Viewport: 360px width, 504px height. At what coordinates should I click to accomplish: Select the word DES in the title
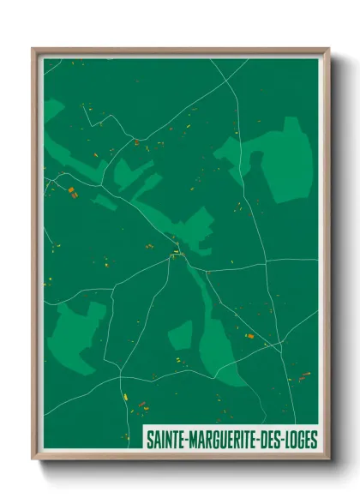point(269,441)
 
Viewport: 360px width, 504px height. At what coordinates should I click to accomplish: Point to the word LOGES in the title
point(301,441)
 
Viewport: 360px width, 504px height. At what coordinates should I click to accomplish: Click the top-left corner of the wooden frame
point(33,49)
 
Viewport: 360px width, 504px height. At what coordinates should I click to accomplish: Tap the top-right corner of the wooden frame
point(328,49)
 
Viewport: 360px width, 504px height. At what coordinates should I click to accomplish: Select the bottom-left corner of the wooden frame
point(33,459)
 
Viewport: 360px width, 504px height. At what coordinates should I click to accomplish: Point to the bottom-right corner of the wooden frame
point(328,459)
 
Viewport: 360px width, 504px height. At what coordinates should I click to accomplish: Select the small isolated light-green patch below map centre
point(181,333)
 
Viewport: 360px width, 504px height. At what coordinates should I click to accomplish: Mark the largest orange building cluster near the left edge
point(73,192)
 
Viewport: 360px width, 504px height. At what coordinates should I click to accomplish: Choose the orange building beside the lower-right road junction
point(251,337)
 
